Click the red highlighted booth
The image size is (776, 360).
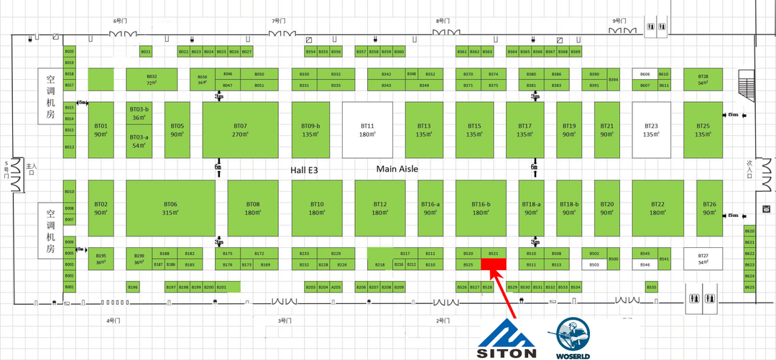pos(494,264)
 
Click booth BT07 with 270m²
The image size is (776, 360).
pos(240,130)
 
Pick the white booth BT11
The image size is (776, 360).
pos(367,130)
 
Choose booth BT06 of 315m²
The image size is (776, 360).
pos(170,208)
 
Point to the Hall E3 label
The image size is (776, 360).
pos(304,170)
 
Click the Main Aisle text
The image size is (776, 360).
pos(397,169)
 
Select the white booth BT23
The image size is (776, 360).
pos(651,130)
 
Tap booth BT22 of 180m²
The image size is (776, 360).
pos(657,208)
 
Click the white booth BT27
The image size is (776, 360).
pos(703,259)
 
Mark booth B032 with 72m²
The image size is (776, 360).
pos(152,79)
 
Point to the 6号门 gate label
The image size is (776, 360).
pos(119,21)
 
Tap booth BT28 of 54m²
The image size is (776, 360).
pos(703,79)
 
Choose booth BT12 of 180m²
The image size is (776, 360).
pos(380,208)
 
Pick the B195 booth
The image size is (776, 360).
pos(101,259)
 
